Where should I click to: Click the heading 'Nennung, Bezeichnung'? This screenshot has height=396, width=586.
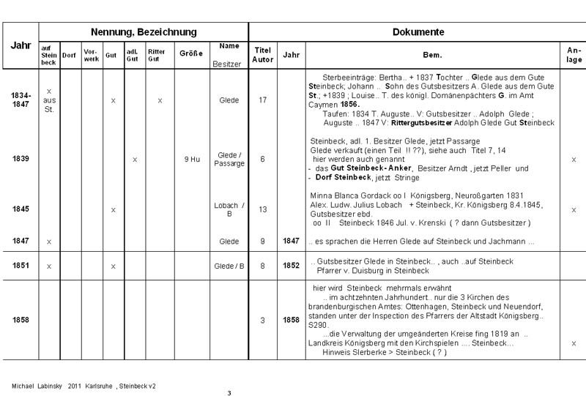(144, 32)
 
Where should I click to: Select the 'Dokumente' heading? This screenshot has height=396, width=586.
(418, 32)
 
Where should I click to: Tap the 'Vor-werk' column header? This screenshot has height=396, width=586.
(90, 55)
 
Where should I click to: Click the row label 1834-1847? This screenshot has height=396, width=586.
(21, 100)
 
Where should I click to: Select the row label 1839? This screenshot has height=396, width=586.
(21, 159)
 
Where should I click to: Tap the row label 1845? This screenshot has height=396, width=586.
(21, 209)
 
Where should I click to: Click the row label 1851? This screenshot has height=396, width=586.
(21, 266)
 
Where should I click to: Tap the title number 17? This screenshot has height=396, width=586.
(262, 100)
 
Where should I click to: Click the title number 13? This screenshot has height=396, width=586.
(262, 209)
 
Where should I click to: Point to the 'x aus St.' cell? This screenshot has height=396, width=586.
(48, 100)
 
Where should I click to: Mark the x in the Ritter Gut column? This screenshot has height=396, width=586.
(160, 100)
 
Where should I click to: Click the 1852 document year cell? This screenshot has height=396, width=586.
(291, 266)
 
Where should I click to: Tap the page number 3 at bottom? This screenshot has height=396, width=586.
(229, 393)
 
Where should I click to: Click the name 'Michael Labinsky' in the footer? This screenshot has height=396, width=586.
(36, 385)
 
